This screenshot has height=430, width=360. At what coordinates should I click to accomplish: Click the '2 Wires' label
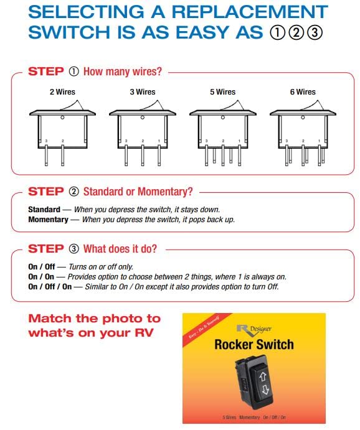click(62, 92)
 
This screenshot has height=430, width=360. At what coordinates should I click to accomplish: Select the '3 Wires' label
click(143, 92)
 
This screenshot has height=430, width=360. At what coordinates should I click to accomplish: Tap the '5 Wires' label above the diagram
click(222, 92)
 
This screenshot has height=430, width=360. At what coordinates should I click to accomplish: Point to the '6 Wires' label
click(302, 92)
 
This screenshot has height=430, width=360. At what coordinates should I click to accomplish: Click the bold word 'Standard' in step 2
click(44, 210)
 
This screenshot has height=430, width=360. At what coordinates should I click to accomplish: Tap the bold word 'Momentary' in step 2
click(48, 220)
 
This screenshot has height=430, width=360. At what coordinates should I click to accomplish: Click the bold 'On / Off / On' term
click(50, 287)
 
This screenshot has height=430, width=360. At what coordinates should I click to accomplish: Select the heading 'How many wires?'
click(122, 72)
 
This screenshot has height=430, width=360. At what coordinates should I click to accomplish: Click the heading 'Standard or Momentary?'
click(138, 191)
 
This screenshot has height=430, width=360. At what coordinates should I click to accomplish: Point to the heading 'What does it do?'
click(120, 249)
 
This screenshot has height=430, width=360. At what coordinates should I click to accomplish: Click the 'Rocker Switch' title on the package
click(253, 344)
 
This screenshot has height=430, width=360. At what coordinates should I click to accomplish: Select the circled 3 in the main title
click(316, 33)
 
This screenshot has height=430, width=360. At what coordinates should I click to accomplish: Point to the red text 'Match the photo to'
click(94, 318)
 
